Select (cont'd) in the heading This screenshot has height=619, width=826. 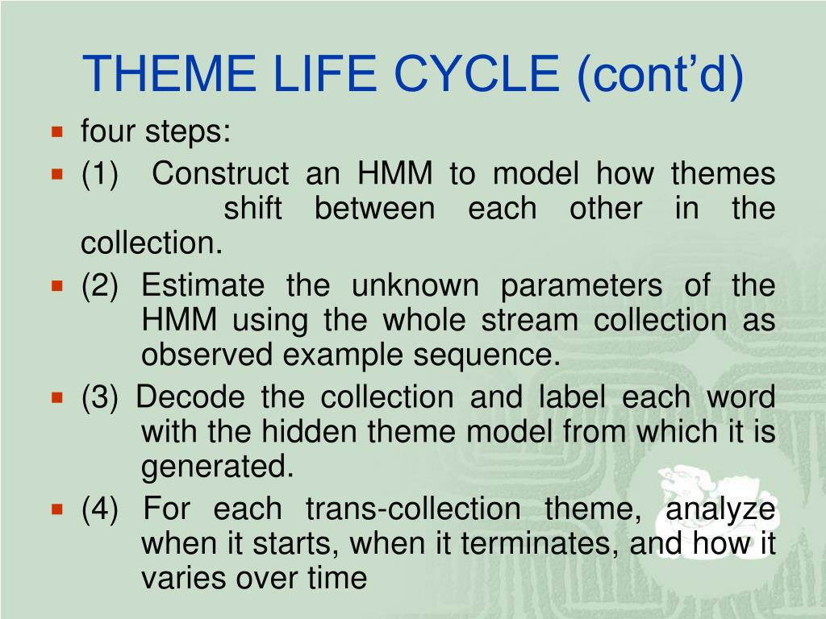660,75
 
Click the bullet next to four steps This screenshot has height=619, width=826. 57,131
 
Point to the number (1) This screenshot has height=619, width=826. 99,174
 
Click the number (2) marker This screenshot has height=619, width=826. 99,286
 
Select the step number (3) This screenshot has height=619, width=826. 99,397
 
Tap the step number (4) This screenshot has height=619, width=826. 99,509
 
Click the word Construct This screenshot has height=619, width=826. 220,173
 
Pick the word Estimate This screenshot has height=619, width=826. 202,285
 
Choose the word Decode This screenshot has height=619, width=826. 190,397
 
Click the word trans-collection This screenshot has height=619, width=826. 413,509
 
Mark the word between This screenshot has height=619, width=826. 374,208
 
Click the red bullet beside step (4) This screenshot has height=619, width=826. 57,509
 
